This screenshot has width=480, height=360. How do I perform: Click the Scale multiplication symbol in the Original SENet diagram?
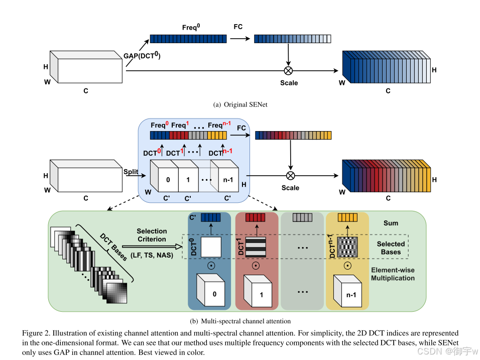click(288, 70)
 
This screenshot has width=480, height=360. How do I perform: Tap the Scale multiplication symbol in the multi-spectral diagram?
click(290, 175)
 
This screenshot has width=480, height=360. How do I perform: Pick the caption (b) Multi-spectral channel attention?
click(241, 321)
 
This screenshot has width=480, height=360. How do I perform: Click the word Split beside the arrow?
click(131, 172)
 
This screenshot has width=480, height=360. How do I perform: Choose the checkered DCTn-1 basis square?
click(347, 248)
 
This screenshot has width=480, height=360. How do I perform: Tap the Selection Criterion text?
click(152, 235)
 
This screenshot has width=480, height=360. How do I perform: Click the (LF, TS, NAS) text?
click(152, 256)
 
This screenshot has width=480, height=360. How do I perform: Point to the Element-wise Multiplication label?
click(393, 274)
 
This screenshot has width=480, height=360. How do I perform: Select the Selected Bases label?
click(391, 248)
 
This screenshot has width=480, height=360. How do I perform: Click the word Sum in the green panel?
click(391, 222)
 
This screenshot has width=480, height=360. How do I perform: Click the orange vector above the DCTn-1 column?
click(347, 217)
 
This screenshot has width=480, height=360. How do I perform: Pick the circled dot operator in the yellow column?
click(347, 266)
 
